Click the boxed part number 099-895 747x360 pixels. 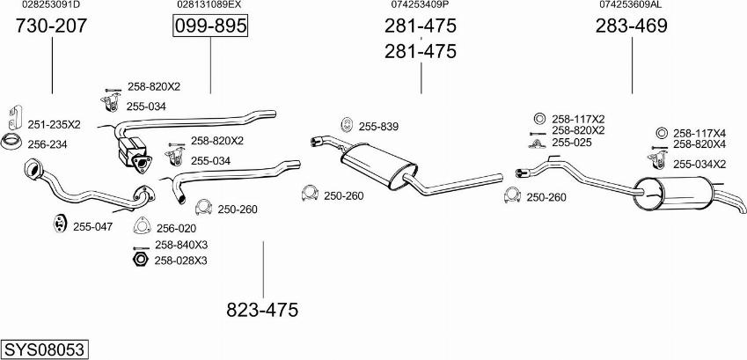pyautogui.click(x=210, y=26)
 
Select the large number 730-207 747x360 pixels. pyautogui.click(x=51, y=26)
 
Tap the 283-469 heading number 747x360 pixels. pyautogui.click(x=631, y=26)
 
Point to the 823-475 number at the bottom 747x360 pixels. pyautogui.click(x=262, y=310)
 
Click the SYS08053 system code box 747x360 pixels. pyautogui.click(x=45, y=349)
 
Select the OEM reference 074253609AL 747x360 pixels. pyautogui.click(x=630, y=4)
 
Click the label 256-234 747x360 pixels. pyautogui.click(x=48, y=144)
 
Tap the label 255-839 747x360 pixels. pyautogui.click(x=378, y=127)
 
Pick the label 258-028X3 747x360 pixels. pyautogui.click(x=180, y=261)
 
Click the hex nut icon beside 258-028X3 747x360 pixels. pyautogui.click(x=140, y=261)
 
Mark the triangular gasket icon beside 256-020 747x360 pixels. pyautogui.click(x=142, y=226)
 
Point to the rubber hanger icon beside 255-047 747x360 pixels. pyautogui.click(x=60, y=224)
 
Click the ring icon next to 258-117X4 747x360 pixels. pyautogui.click(x=661, y=133)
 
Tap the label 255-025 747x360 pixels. pyautogui.click(x=572, y=142)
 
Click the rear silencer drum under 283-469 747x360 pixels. pyautogui.click(x=673, y=194)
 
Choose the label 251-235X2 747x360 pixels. pyautogui.click(x=55, y=125)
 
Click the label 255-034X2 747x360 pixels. pyautogui.click(x=699, y=165)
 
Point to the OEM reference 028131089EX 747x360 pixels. pyautogui.click(x=209, y=4)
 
